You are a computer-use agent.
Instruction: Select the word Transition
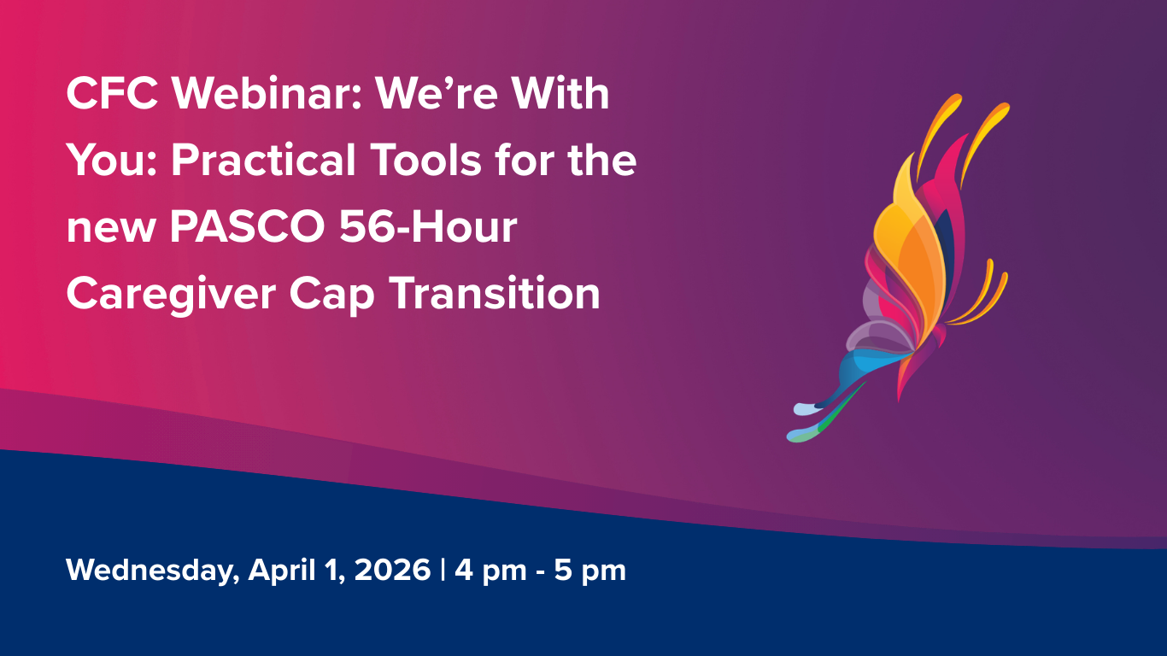click(496, 294)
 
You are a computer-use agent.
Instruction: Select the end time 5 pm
click(590, 571)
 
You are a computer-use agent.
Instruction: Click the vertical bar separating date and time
click(443, 570)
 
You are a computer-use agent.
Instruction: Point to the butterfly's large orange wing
click(914, 248)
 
